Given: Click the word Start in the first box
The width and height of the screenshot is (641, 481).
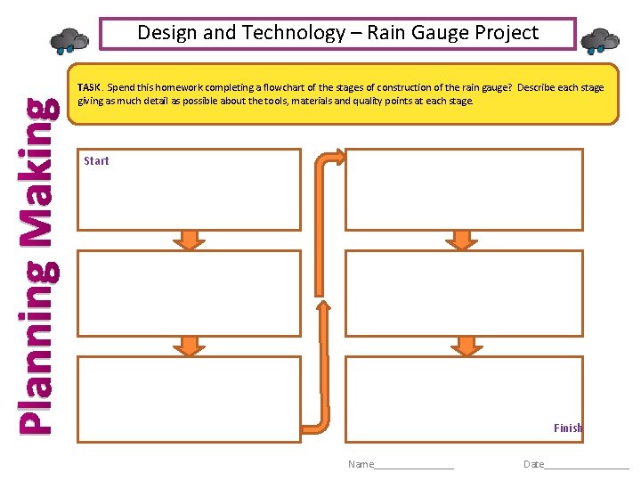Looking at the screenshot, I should click(x=96, y=161).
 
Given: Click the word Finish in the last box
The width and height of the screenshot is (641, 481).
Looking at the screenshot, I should click(x=567, y=428).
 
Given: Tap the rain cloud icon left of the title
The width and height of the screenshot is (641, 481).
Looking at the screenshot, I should click(x=69, y=40).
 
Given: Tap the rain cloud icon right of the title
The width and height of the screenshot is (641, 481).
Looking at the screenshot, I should click(x=601, y=41).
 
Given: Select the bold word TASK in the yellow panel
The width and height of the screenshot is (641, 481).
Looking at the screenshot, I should click(x=89, y=88).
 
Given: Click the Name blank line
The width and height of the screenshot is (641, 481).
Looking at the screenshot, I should click(x=414, y=465).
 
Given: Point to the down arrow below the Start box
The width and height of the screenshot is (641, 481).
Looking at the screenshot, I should click(x=189, y=239).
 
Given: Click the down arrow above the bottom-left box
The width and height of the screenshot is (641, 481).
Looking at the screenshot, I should click(x=189, y=346).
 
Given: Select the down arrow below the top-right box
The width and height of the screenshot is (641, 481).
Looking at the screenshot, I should click(x=462, y=239).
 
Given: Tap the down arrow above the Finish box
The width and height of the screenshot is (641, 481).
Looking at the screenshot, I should click(x=465, y=346).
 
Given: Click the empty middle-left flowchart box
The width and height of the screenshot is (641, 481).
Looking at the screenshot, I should click(x=189, y=293).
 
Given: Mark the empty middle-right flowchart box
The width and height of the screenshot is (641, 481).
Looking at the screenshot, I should click(x=464, y=293).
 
